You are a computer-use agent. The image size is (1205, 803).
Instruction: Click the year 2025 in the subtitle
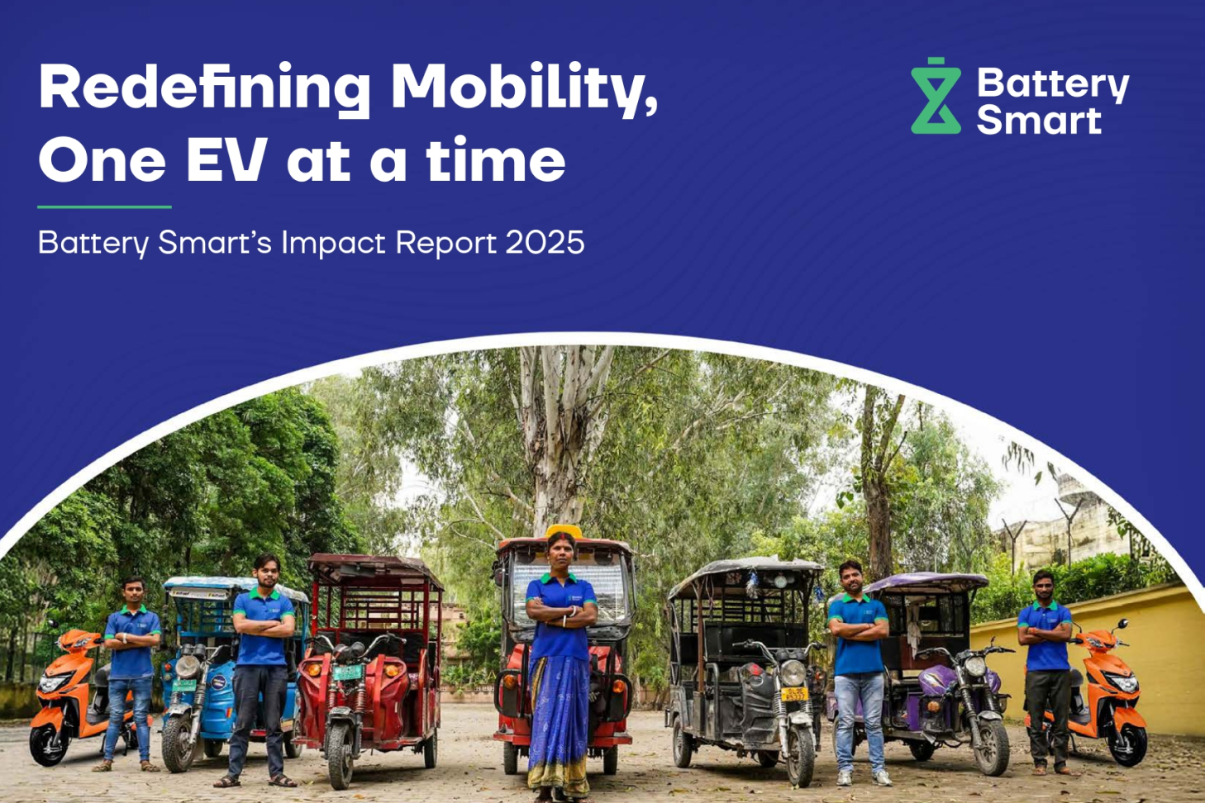coord(545,243)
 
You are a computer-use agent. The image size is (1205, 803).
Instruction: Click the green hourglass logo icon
coord(936,97)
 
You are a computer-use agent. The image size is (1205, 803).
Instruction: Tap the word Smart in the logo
coord(1038,121)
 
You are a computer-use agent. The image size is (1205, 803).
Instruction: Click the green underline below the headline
coord(104,207)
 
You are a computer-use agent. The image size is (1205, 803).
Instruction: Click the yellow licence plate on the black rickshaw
coord(794,694)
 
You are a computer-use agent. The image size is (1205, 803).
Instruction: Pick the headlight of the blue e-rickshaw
coord(188,666)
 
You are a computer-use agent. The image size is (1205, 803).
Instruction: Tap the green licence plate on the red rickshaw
coord(347,673)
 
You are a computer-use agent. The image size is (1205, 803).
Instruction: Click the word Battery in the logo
coord(1052,84)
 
